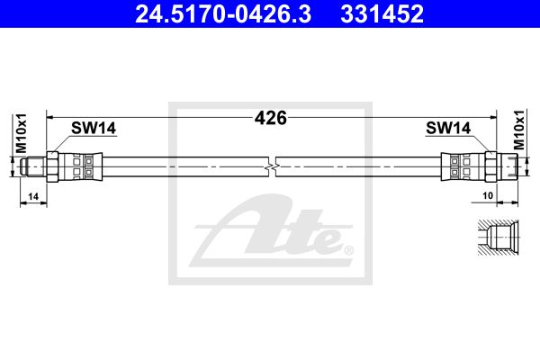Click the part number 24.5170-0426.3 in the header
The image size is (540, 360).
pos(223,13)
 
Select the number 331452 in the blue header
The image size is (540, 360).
pos(382,13)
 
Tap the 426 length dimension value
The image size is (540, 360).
pos(271,118)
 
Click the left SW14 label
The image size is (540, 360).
pos(94,128)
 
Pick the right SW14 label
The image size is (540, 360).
pos(448,128)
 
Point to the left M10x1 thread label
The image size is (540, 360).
pos(21,133)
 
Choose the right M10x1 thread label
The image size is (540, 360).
pos(518,130)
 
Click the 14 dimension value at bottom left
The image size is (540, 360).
pos(33,197)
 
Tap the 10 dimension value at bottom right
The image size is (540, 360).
pos(488,195)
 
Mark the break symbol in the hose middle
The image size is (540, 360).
pos(272,167)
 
